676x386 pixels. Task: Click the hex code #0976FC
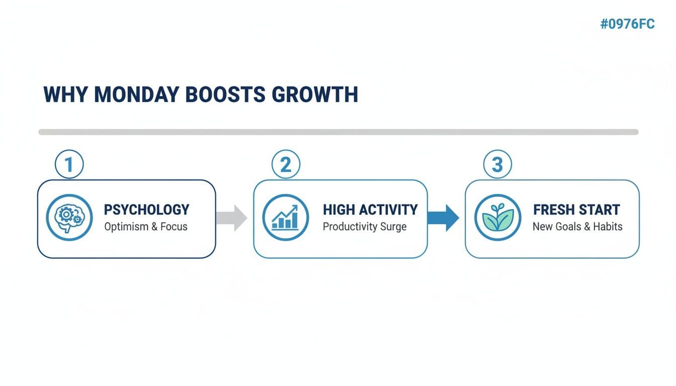click(x=627, y=24)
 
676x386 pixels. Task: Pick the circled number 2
click(x=285, y=165)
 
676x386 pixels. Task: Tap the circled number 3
click(x=497, y=165)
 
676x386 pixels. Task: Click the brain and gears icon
click(x=69, y=218)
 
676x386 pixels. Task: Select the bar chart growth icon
click(x=285, y=218)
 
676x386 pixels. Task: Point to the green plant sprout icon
click(x=497, y=218)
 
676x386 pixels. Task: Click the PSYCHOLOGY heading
click(x=146, y=210)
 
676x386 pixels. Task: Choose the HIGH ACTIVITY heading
click(x=370, y=210)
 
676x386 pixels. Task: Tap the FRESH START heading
click(x=576, y=210)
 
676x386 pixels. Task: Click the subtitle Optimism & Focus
click(x=146, y=227)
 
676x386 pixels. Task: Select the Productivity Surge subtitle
click(x=364, y=227)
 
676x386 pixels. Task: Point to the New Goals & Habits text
click(x=577, y=227)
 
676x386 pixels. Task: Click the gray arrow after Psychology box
click(x=232, y=218)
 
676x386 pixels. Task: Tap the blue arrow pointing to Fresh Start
click(x=443, y=218)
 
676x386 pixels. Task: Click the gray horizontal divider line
click(x=338, y=132)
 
